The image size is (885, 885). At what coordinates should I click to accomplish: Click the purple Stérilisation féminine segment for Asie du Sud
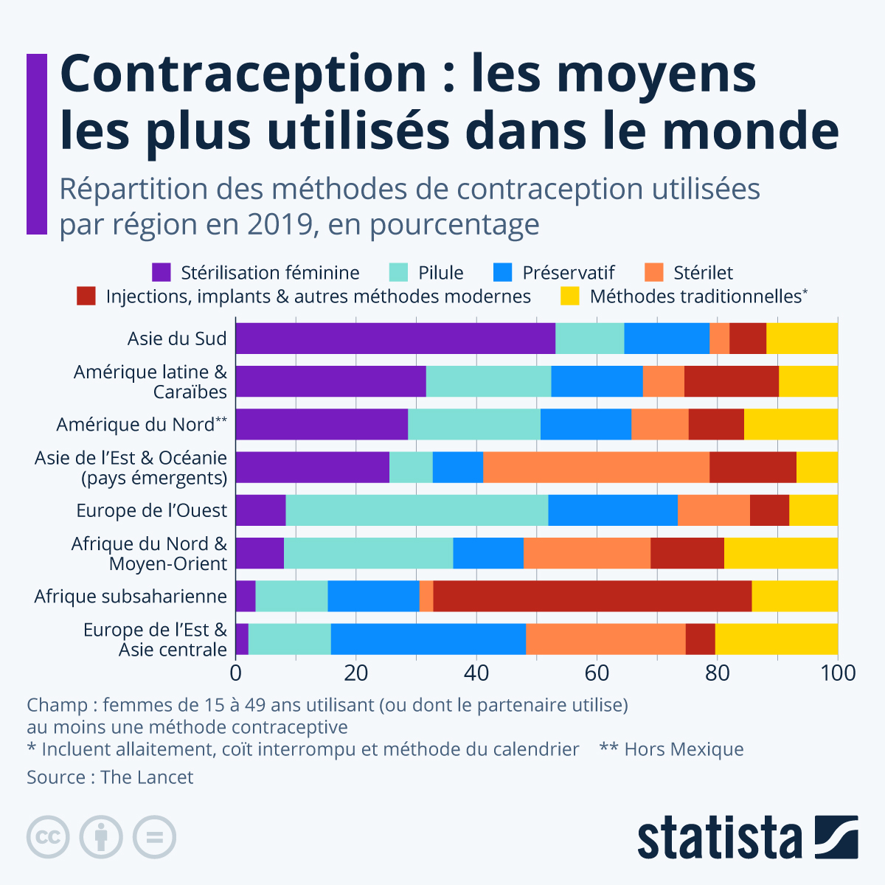pos(395,339)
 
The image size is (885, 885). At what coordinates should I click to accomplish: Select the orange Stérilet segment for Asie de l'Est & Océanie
pos(596,468)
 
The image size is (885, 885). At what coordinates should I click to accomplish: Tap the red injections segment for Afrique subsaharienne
pos(592,596)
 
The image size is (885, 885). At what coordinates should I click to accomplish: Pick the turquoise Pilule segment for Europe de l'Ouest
pos(417,510)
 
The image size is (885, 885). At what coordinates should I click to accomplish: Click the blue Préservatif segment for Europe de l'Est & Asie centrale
pos(428,639)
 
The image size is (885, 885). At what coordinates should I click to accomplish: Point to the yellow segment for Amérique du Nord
pos(791,424)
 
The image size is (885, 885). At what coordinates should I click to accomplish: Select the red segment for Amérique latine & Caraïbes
pos(731,381)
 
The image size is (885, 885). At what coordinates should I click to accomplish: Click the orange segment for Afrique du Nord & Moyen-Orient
pos(586,553)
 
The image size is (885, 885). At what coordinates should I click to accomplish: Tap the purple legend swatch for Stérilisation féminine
pos(162,273)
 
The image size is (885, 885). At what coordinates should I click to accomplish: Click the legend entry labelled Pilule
pos(440,273)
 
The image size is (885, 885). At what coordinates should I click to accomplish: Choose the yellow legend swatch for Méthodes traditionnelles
pos(570,296)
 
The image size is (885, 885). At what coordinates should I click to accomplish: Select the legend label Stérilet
pos(702,273)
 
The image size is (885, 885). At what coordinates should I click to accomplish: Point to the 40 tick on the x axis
pos(476,673)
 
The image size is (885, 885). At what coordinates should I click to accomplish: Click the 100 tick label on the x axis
pos(838,673)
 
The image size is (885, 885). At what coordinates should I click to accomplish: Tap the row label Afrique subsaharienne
pos(131,596)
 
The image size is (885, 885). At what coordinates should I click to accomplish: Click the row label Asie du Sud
pos(177,339)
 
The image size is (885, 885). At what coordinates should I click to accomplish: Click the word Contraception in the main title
pos(243,74)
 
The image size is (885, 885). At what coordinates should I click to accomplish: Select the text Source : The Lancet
pos(110,777)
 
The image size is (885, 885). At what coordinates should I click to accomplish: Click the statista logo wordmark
pos(720,838)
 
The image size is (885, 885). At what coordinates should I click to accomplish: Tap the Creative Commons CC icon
pos(48,837)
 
